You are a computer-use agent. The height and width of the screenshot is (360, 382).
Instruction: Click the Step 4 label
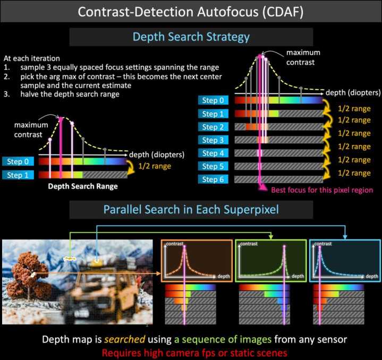[x=213, y=153]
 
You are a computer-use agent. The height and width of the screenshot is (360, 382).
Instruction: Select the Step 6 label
[x=213, y=179]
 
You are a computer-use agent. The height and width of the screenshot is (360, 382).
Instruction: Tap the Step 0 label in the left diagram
[x=18, y=161]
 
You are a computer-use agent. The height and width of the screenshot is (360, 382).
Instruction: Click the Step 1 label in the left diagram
[x=18, y=175]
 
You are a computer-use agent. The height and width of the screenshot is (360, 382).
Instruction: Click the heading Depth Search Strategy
[x=191, y=37]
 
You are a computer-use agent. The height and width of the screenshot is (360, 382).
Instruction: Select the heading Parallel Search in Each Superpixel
[x=191, y=210]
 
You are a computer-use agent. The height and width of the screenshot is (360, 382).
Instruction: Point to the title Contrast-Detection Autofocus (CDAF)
[x=191, y=12]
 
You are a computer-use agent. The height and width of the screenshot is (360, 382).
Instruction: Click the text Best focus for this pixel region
[x=322, y=190]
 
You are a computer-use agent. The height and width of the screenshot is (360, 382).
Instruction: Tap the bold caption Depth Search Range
[x=83, y=186]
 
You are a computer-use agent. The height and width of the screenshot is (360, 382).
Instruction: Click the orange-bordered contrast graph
[x=197, y=261]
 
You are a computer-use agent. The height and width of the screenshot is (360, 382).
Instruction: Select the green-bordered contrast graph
[x=271, y=261]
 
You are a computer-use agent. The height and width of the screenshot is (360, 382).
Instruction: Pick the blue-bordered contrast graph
[x=345, y=261]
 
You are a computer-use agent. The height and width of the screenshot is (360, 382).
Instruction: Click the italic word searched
[x=125, y=339]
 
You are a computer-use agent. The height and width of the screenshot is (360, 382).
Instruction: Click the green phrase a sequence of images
[x=223, y=339]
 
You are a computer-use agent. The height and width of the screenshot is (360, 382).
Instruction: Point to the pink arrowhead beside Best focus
[x=262, y=187]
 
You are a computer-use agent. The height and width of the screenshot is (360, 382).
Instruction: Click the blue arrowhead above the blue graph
[x=345, y=237]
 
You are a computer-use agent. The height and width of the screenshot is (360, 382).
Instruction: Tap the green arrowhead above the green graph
[x=271, y=237]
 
